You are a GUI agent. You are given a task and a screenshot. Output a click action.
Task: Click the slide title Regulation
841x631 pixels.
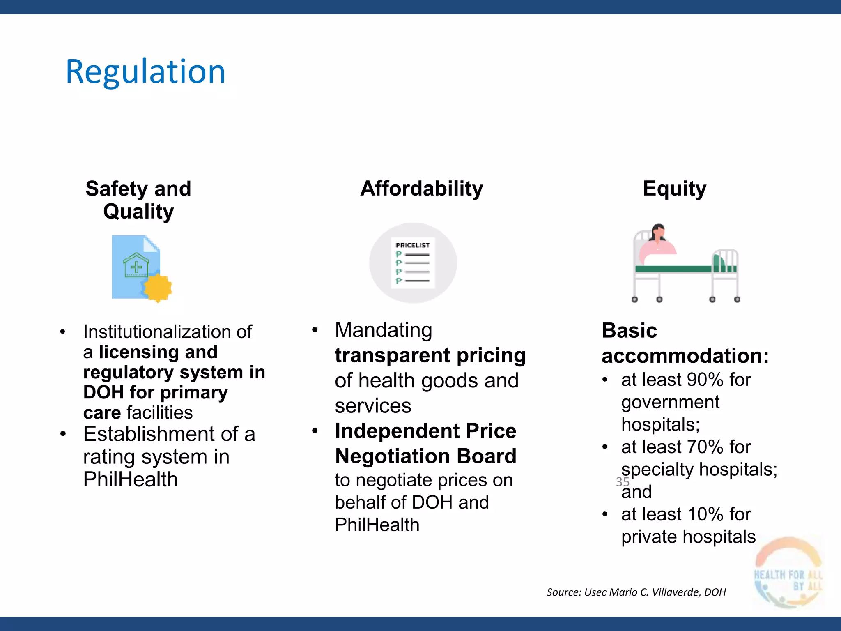[145, 72]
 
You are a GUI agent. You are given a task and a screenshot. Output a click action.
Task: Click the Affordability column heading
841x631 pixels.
[421, 189]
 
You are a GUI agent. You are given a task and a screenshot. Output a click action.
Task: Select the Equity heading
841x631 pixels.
[674, 189]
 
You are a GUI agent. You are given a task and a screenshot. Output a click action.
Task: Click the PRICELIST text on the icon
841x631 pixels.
[412, 245]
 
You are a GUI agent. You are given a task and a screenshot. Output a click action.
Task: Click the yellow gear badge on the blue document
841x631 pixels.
[158, 288]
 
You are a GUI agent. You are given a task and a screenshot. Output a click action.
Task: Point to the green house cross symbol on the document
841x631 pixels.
[136, 266]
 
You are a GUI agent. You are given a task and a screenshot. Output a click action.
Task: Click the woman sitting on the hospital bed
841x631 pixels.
[657, 242]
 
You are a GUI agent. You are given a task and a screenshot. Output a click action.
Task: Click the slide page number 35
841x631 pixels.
[622, 481]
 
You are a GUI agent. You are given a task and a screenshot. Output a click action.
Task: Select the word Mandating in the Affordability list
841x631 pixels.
[383, 330]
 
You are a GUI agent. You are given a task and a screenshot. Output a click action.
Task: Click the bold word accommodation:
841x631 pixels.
[685, 355]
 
